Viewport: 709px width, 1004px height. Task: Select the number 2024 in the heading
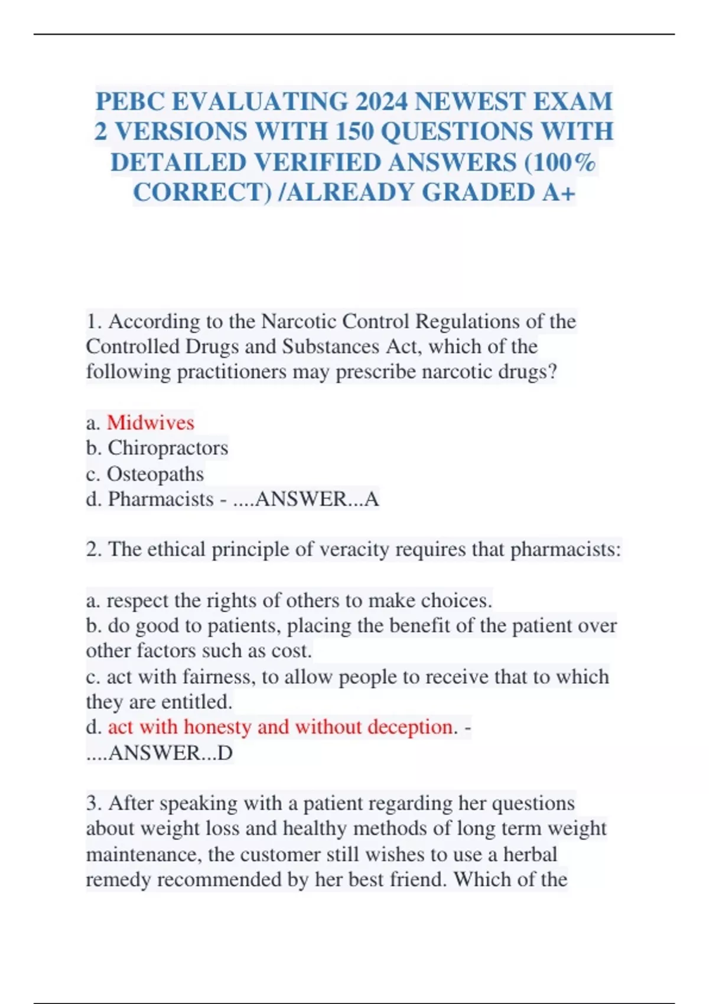381,102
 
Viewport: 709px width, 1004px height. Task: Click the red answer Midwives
150,423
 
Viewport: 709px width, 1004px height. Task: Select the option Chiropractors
168,448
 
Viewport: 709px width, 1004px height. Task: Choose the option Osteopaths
155,474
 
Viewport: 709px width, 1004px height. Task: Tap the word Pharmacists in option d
161,499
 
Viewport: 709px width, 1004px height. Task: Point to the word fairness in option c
219,677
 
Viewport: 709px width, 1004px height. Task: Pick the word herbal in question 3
530,854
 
